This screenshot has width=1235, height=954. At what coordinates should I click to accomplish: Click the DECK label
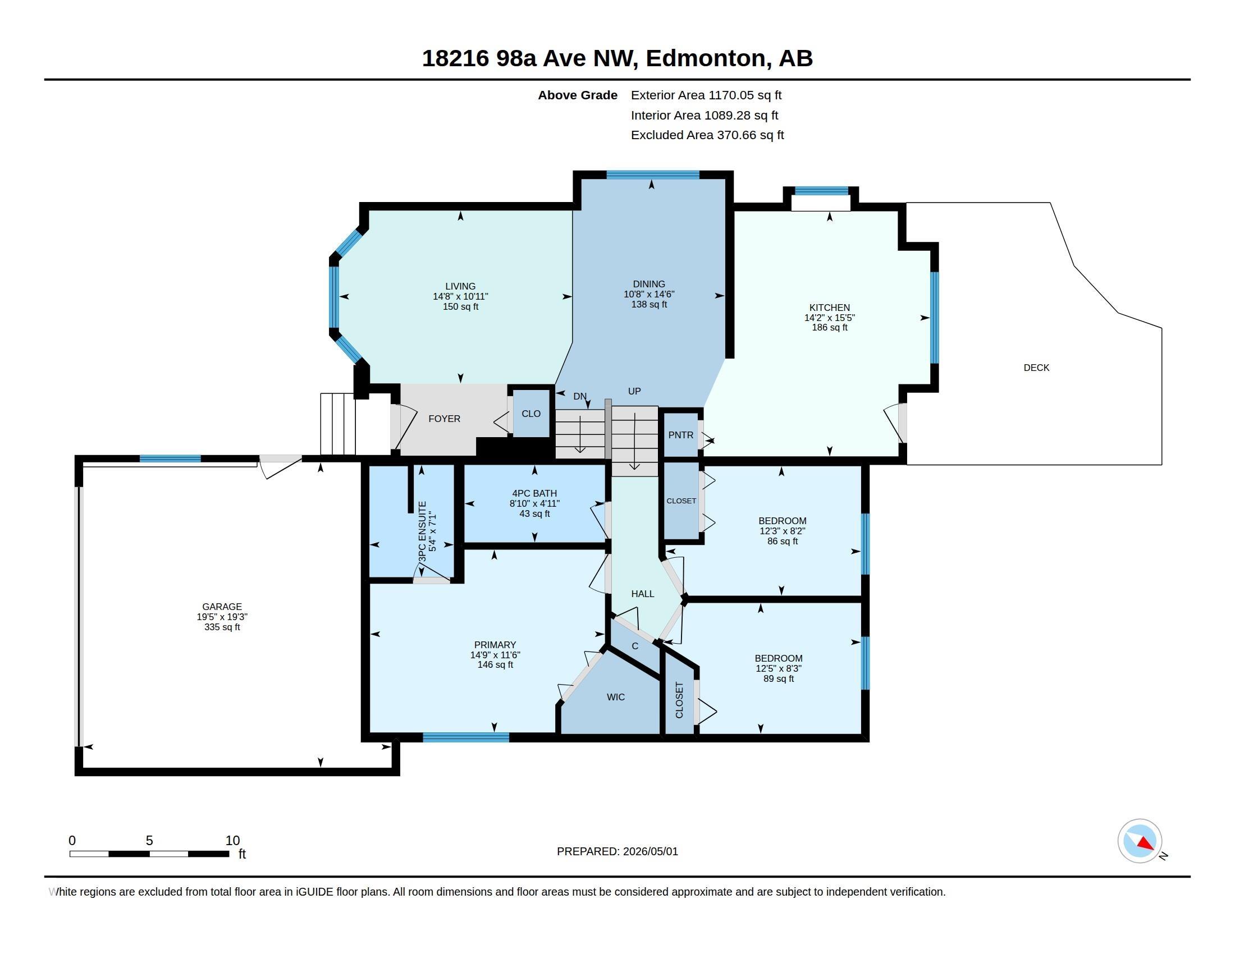pos(1036,368)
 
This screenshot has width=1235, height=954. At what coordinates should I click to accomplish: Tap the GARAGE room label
pos(222,607)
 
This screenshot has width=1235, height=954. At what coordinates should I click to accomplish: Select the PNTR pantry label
pos(680,435)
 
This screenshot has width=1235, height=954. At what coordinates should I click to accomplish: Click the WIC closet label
pos(616,698)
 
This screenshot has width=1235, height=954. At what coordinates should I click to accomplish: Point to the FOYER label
pos(445,419)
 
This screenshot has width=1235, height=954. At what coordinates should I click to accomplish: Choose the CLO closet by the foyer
pos(531,414)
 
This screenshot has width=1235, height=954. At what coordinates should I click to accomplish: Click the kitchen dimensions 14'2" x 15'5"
pos(830,318)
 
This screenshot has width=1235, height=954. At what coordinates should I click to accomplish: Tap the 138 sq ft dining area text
pos(649,305)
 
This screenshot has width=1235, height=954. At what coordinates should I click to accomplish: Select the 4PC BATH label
pos(534,493)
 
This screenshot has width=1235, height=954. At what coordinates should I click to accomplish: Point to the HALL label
pos(642,594)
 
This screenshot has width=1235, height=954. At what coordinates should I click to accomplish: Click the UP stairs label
pos(634,391)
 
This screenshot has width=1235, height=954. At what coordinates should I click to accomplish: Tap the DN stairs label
pos(580,396)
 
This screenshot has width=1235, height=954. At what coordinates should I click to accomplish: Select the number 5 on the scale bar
pos(149,841)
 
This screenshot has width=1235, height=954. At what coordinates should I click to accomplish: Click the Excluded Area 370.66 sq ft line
pos(707,135)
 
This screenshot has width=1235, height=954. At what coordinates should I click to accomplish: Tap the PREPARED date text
pos(617,852)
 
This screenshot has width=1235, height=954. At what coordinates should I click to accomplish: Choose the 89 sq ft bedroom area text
pos(779,679)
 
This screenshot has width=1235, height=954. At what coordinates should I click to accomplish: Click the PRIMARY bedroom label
pos(495,645)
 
